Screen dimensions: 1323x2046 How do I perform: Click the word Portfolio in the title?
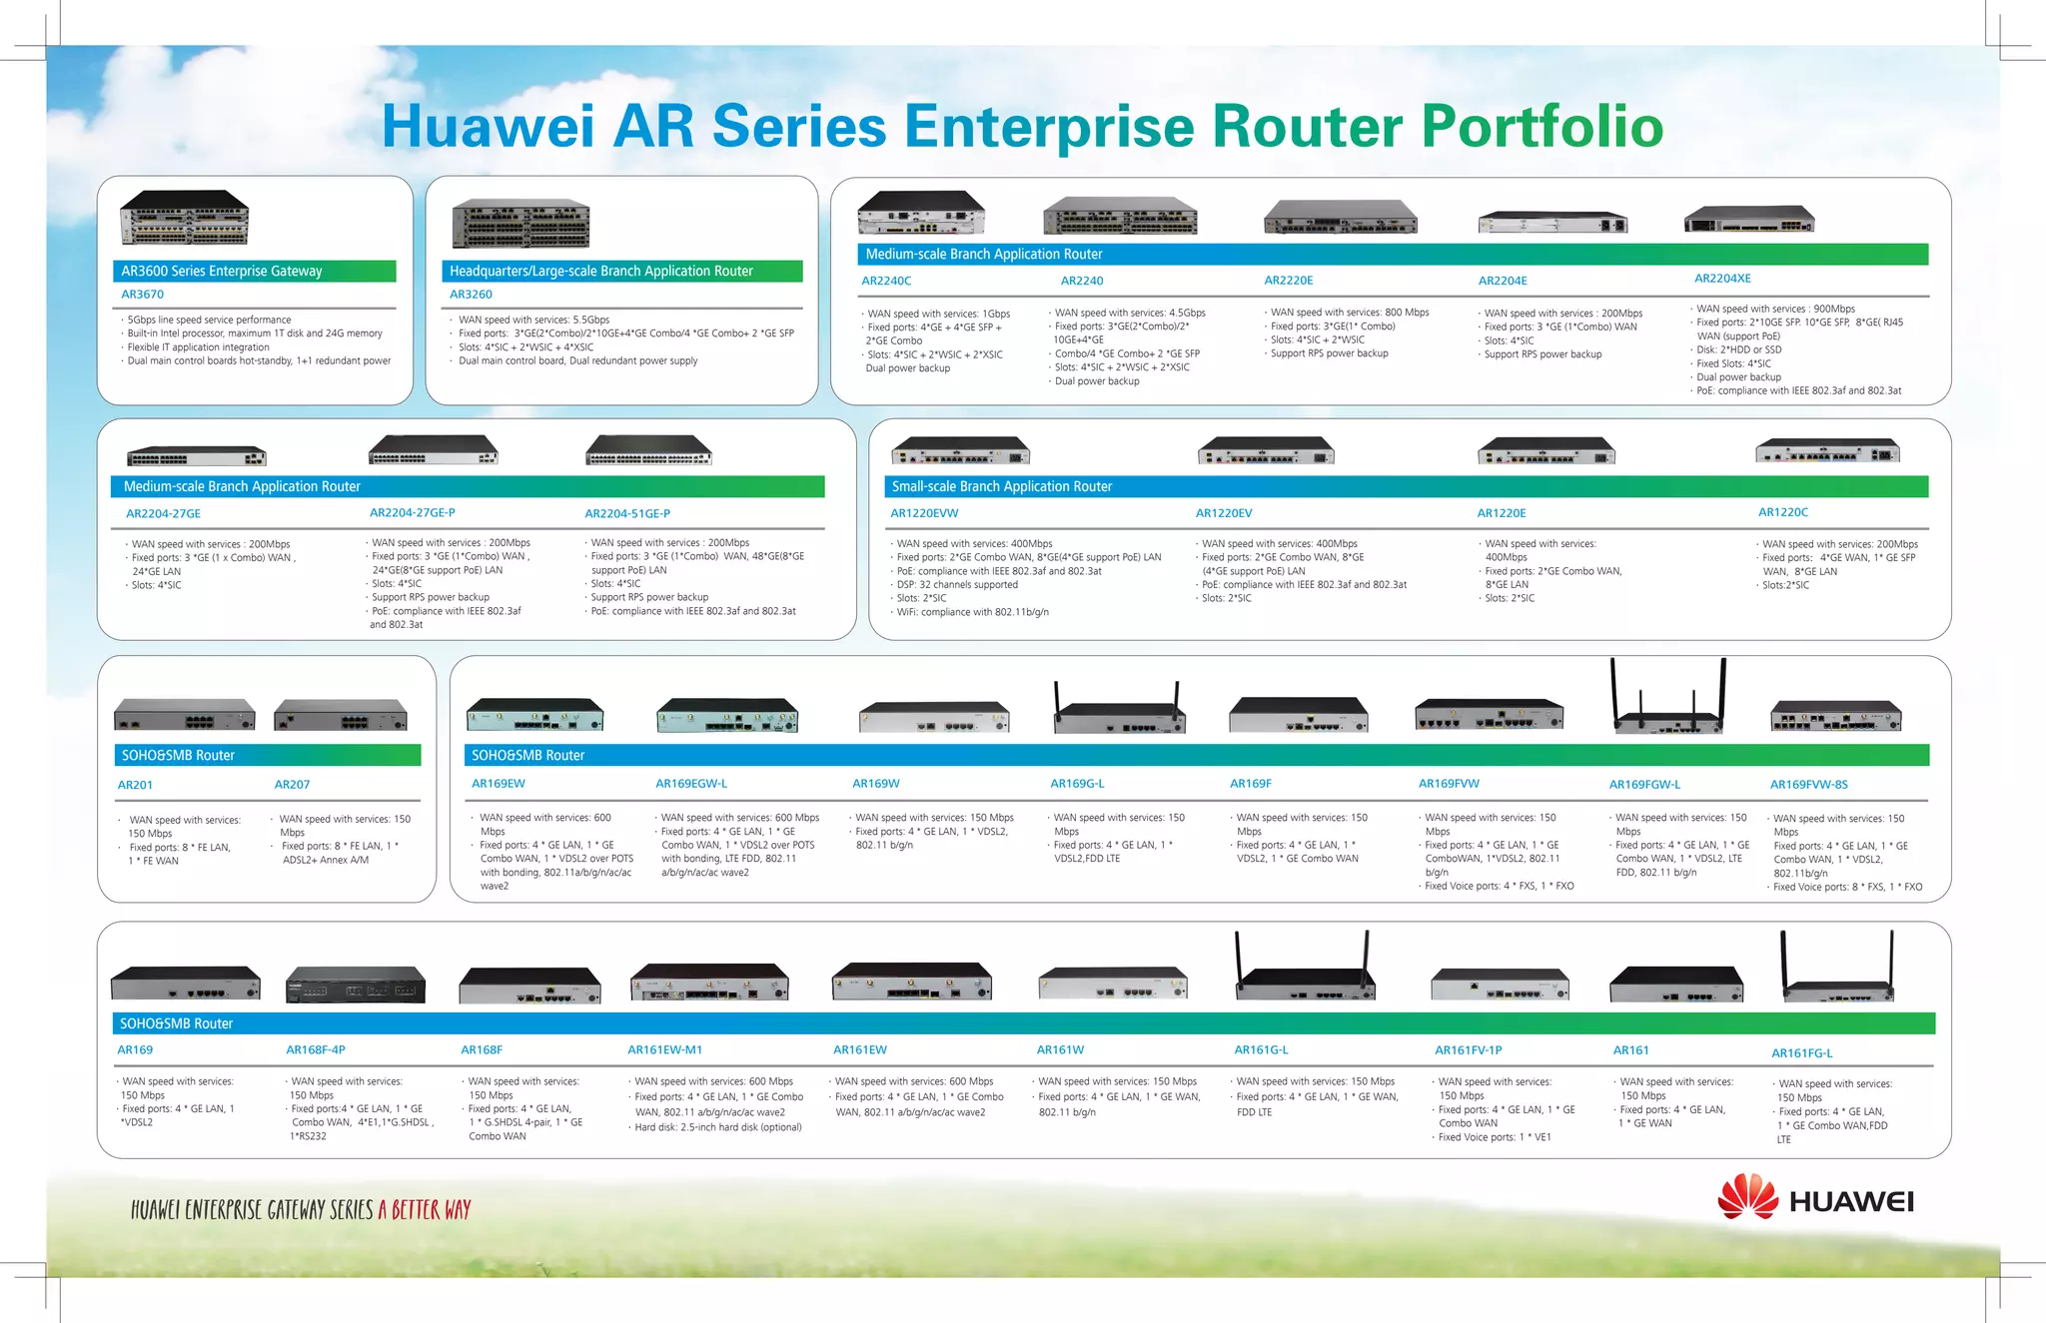click(x=1541, y=127)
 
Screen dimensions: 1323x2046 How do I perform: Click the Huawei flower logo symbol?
click(x=1746, y=1197)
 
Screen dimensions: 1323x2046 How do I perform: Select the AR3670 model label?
click(x=142, y=295)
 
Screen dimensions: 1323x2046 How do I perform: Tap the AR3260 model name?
click(x=471, y=295)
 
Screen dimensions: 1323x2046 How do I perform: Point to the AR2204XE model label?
click(x=1722, y=279)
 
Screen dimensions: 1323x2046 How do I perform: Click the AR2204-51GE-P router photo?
click(x=648, y=450)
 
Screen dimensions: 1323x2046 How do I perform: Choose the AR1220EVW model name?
click(x=924, y=513)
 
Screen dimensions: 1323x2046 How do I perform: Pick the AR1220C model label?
click(x=1783, y=512)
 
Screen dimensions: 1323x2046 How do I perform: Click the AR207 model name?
click(x=292, y=785)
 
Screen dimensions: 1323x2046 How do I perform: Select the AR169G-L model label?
click(x=1077, y=784)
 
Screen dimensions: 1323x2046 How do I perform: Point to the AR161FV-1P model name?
click(x=1468, y=1050)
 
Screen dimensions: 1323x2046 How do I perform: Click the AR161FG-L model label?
click(x=1801, y=1053)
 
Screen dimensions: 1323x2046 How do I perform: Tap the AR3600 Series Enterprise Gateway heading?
click(x=222, y=272)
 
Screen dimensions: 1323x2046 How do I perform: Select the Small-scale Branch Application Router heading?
click(x=1001, y=487)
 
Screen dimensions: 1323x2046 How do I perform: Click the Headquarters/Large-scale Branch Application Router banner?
click(x=600, y=272)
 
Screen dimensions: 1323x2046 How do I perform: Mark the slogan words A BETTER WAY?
click(x=424, y=1210)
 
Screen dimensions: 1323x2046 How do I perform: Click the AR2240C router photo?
click(x=920, y=213)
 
